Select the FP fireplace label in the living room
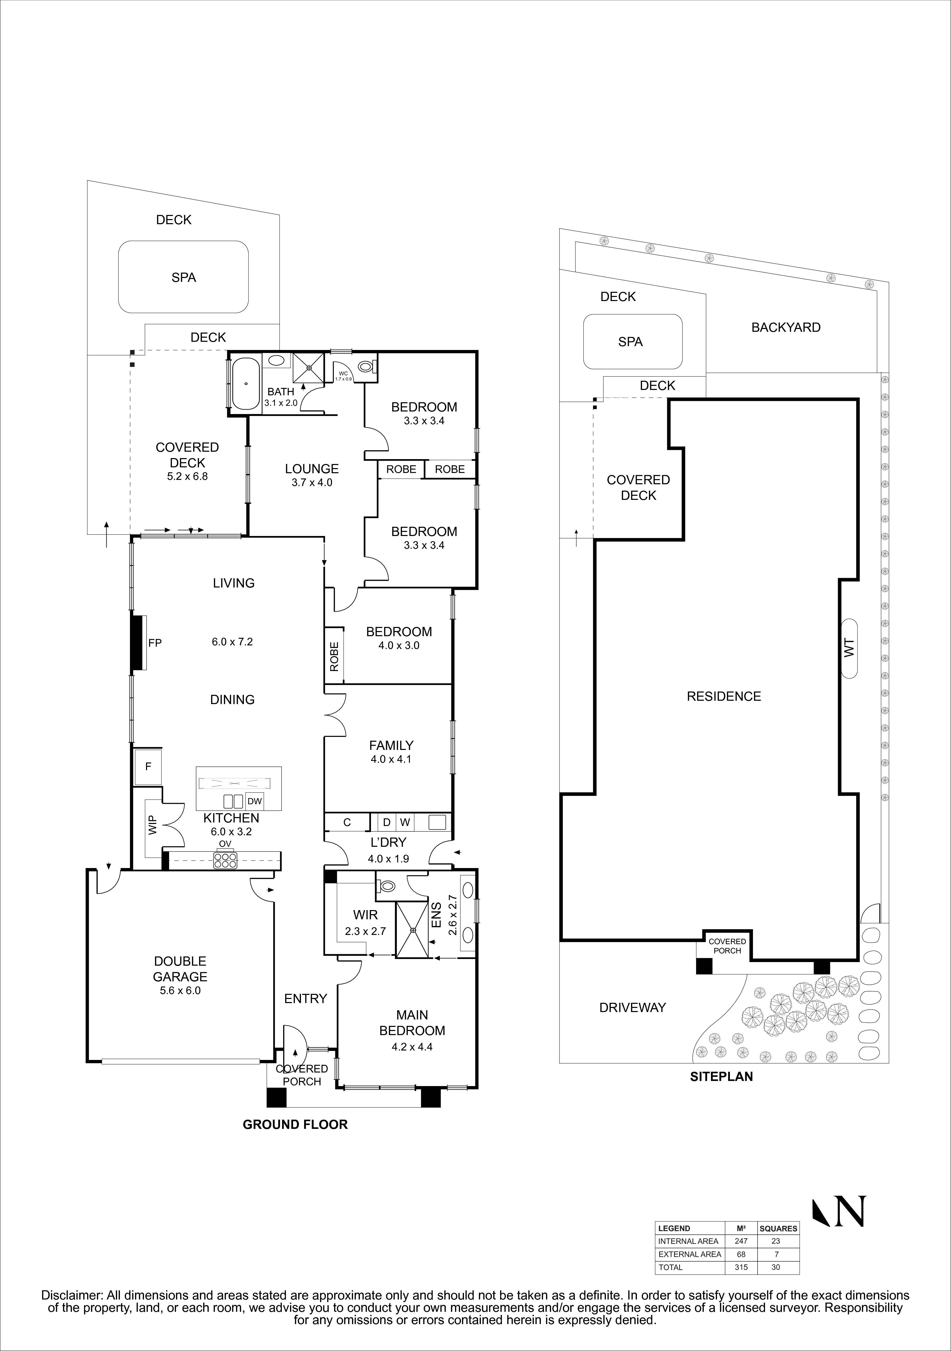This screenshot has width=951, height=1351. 155,643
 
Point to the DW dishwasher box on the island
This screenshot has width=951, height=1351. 254,801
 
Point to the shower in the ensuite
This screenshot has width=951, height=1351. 412,930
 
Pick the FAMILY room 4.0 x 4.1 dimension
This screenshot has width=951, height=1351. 391,759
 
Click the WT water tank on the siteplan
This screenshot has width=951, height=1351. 849,648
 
